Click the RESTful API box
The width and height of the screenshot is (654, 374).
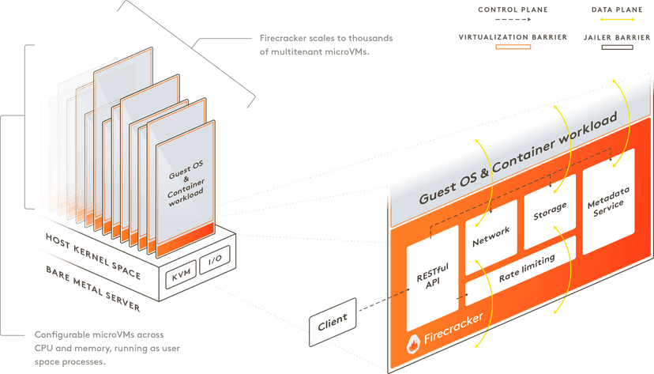(x=432, y=277)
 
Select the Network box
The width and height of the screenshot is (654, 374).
(x=491, y=236)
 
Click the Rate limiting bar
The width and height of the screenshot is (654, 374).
(x=528, y=269)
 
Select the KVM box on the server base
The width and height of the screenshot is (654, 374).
(x=182, y=273)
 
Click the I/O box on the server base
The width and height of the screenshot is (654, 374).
(x=214, y=262)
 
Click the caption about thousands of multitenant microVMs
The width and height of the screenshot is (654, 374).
(x=325, y=46)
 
